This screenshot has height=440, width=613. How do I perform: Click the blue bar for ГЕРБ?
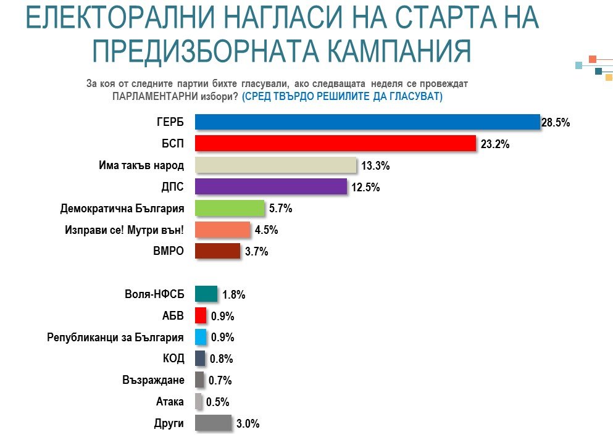pyautogui.click(x=367, y=122)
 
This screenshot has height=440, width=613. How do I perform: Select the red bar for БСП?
pyautogui.click(x=335, y=144)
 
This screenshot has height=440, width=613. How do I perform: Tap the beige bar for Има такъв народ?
pyautogui.click(x=275, y=165)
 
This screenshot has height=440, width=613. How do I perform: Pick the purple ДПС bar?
pyautogui.click(x=271, y=187)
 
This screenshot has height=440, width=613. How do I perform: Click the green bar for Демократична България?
pyautogui.click(x=230, y=208)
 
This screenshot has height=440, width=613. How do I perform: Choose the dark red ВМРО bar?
pyautogui.click(x=217, y=251)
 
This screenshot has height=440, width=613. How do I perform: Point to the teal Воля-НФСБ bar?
pyautogui.click(x=206, y=294)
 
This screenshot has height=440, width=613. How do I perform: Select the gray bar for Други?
pyautogui.click(x=213, y=423)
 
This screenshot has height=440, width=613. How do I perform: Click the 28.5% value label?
pyautogui.click(x=555, y=123)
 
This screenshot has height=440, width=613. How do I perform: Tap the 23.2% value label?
pyautogui.click(x=491, y=144)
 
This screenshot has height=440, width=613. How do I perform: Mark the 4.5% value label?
pyautogui.click(x=265, y=230)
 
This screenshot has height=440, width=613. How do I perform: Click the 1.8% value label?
pyautogui.click(x=234, y=295)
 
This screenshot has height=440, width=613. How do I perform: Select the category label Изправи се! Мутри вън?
pyautogui.click(x=123, y=230)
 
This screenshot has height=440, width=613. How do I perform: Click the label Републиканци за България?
pyautogui.click(x=115, y=338)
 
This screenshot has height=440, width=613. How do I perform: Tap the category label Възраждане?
pyautogui.click(x=153, y=380)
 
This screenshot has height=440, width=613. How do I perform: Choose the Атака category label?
pyautogui.click(x=170, y=402)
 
